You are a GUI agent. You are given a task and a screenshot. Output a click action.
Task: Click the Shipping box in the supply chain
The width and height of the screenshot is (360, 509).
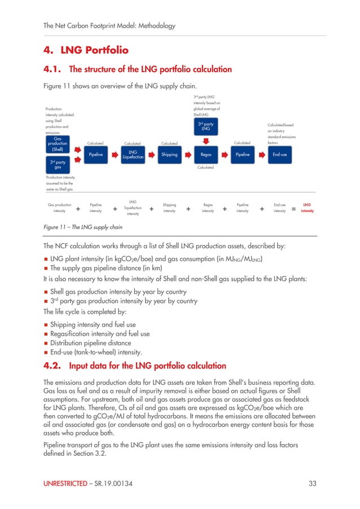(169, 155)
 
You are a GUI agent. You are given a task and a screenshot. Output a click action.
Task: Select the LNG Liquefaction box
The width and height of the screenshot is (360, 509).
(133, 155)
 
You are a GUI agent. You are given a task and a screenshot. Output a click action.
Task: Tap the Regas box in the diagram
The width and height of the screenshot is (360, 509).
(206, 155)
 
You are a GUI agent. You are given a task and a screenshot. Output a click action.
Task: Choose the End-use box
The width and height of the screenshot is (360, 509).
(279, 155)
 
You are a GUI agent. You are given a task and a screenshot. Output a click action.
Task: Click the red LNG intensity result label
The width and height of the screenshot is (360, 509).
(308, 208)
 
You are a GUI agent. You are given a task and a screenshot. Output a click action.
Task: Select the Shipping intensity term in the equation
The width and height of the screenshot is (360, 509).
(169, 208)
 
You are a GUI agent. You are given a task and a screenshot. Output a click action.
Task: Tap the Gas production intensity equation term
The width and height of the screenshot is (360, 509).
(59, 208)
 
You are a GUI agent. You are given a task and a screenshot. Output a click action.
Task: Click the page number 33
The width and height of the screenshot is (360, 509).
(313, 484)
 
